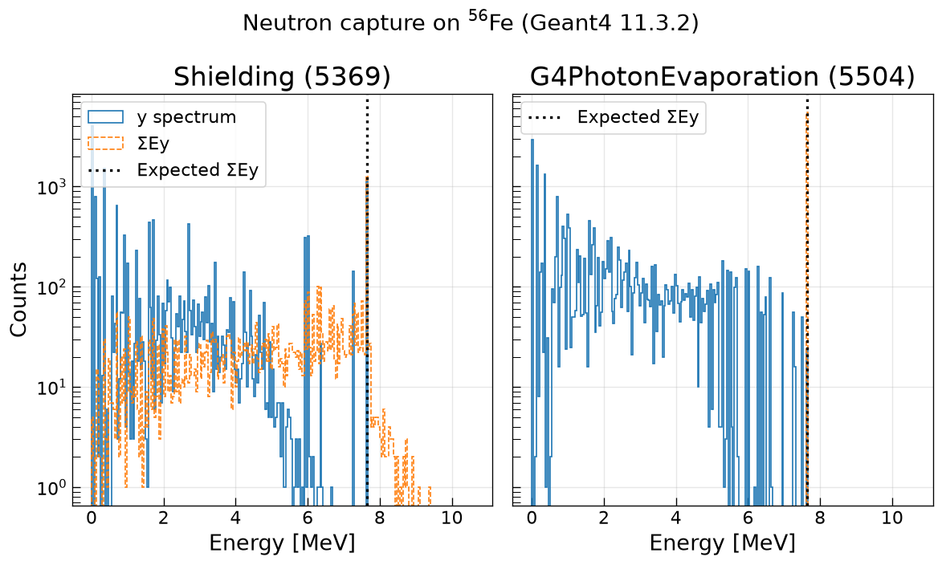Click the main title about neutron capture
[x=471, y=22]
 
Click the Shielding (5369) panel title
[x=283, y=77]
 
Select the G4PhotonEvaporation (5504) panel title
[x=723, y=77]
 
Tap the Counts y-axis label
[x=18, y=299]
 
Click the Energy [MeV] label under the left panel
[x=283, y=543]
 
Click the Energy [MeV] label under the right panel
[x=723, y=543]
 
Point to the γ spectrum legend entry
[x=162, y=116]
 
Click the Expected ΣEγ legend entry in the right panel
[x=614, y=117]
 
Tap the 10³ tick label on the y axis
[x=51, y=187]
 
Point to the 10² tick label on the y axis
[x=51, y=287]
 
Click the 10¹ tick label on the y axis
[x=51, y=388]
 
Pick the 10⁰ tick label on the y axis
[x=51, y=488]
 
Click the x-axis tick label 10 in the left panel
[x=452, y=518]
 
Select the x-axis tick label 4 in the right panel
[x=676, y=518]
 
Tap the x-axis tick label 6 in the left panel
[x=308, y=518]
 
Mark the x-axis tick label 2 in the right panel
[x=604, y=518]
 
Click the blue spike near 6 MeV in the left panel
[x=307, y=360]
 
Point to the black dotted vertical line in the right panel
[x=807, y=300]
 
